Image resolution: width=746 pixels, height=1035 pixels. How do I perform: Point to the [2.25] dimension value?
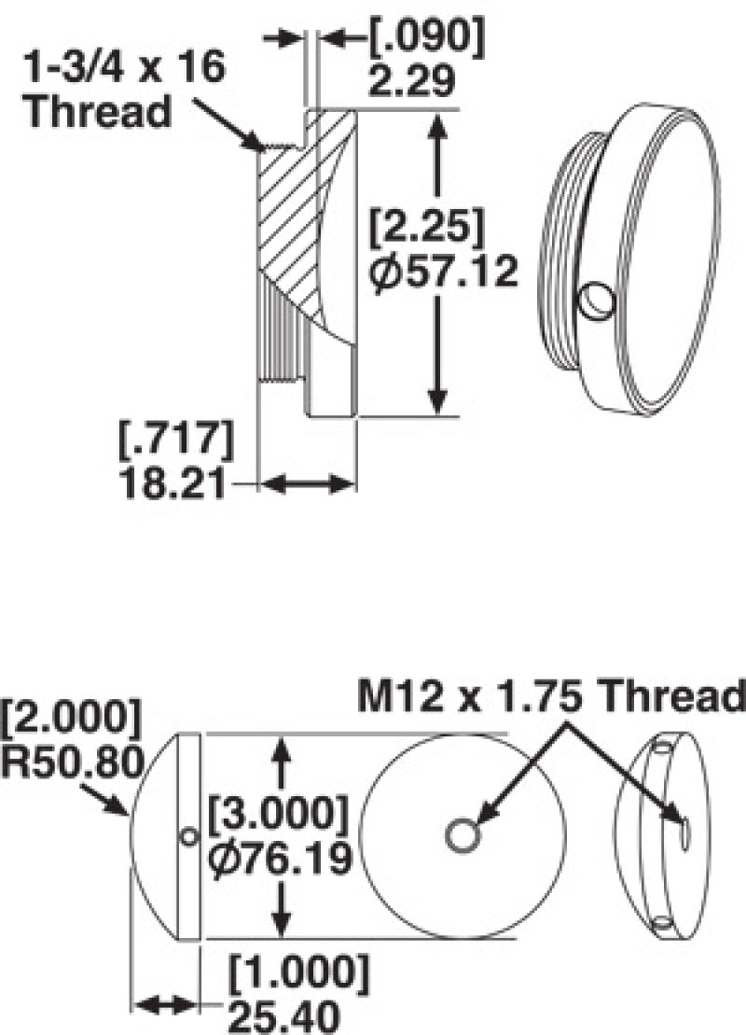click(x=425, y=228)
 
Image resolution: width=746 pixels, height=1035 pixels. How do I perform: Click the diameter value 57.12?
click(x=442, y=273)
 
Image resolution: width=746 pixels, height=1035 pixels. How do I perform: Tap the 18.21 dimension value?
click(x=177, y=483)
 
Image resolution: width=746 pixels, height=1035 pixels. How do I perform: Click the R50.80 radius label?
click(x=73, y=762)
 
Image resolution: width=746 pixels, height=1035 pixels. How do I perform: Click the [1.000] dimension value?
click(x=299, y=972)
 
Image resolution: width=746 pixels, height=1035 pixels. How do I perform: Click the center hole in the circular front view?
click(x=463, y=834)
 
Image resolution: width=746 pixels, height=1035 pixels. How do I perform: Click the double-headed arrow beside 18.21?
click(x=307, y=484)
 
